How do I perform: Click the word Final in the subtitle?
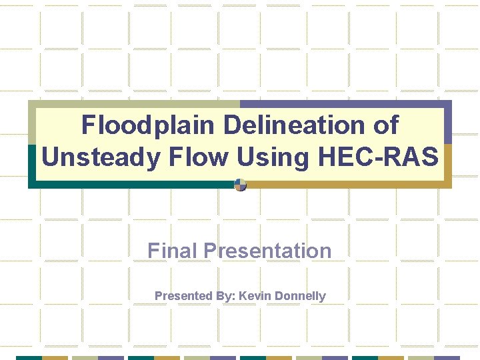point(173,251)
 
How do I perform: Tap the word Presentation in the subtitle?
point(267,251)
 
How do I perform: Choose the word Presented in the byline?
point(182,295)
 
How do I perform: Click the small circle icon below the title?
point(241,185)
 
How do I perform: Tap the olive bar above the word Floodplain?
point(133,103)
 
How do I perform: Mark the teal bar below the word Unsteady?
point(133,184)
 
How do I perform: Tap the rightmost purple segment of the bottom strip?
point(448,357)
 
